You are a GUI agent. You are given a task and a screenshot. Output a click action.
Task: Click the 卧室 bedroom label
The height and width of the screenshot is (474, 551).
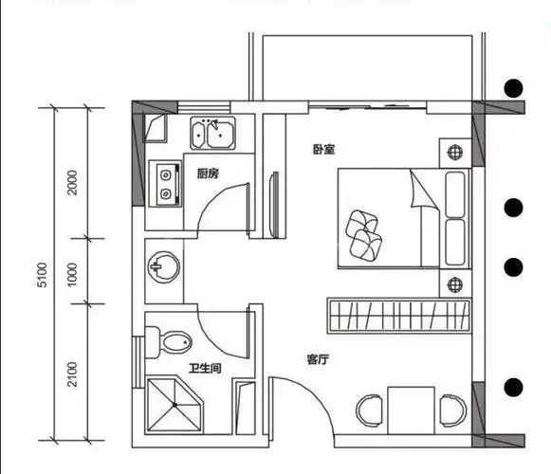(324, 150)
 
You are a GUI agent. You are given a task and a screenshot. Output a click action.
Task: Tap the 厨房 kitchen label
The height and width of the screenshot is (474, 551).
(208, 173)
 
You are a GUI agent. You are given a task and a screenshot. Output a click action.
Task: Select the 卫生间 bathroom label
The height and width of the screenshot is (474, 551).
(205, 368)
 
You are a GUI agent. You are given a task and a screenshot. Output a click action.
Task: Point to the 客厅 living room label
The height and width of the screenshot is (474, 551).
(318, 359)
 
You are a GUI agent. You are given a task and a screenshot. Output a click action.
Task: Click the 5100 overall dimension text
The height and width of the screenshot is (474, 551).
(42, 275)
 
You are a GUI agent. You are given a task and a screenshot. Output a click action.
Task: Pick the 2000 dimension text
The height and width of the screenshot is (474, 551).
(72, 182)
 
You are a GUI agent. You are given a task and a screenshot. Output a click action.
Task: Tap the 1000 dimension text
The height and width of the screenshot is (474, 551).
(72, 274)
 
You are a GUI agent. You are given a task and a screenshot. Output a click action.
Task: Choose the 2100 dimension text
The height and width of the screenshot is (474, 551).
(72, 374)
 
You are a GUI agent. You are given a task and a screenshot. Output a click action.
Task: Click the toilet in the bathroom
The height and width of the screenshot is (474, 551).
(169, 342)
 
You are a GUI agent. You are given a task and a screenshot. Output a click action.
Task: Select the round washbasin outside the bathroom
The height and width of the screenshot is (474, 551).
(163, 267)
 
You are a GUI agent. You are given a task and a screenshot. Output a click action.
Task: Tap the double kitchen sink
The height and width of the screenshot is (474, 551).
(213, 133)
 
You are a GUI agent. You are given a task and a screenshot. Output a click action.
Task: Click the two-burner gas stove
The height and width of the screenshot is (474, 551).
(165, 183)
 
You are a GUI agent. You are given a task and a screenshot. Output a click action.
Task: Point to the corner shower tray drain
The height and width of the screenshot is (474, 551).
(174, 405)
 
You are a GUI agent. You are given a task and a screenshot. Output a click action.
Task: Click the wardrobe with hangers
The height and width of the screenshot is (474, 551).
(399, 316)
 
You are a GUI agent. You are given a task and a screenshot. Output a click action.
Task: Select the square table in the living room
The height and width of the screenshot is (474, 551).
(412, 410)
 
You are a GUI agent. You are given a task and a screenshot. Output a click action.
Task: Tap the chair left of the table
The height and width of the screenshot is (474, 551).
(369, 410)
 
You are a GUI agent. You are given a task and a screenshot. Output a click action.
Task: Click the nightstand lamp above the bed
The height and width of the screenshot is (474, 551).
(455, 153)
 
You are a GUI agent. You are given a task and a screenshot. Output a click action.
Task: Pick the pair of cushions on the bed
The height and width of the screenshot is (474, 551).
(364, 235)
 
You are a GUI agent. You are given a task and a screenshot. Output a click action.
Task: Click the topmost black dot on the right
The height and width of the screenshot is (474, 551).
(513, 88)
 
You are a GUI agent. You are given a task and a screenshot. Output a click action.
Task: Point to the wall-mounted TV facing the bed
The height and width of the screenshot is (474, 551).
(275, 205)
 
